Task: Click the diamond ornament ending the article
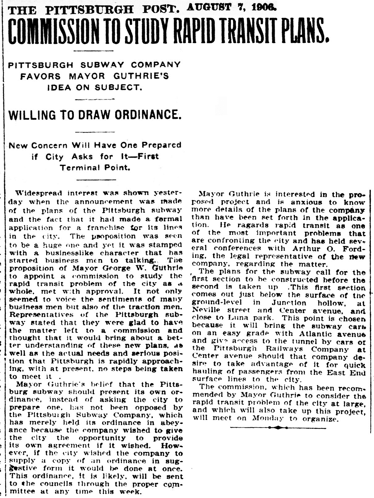(278, 428)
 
